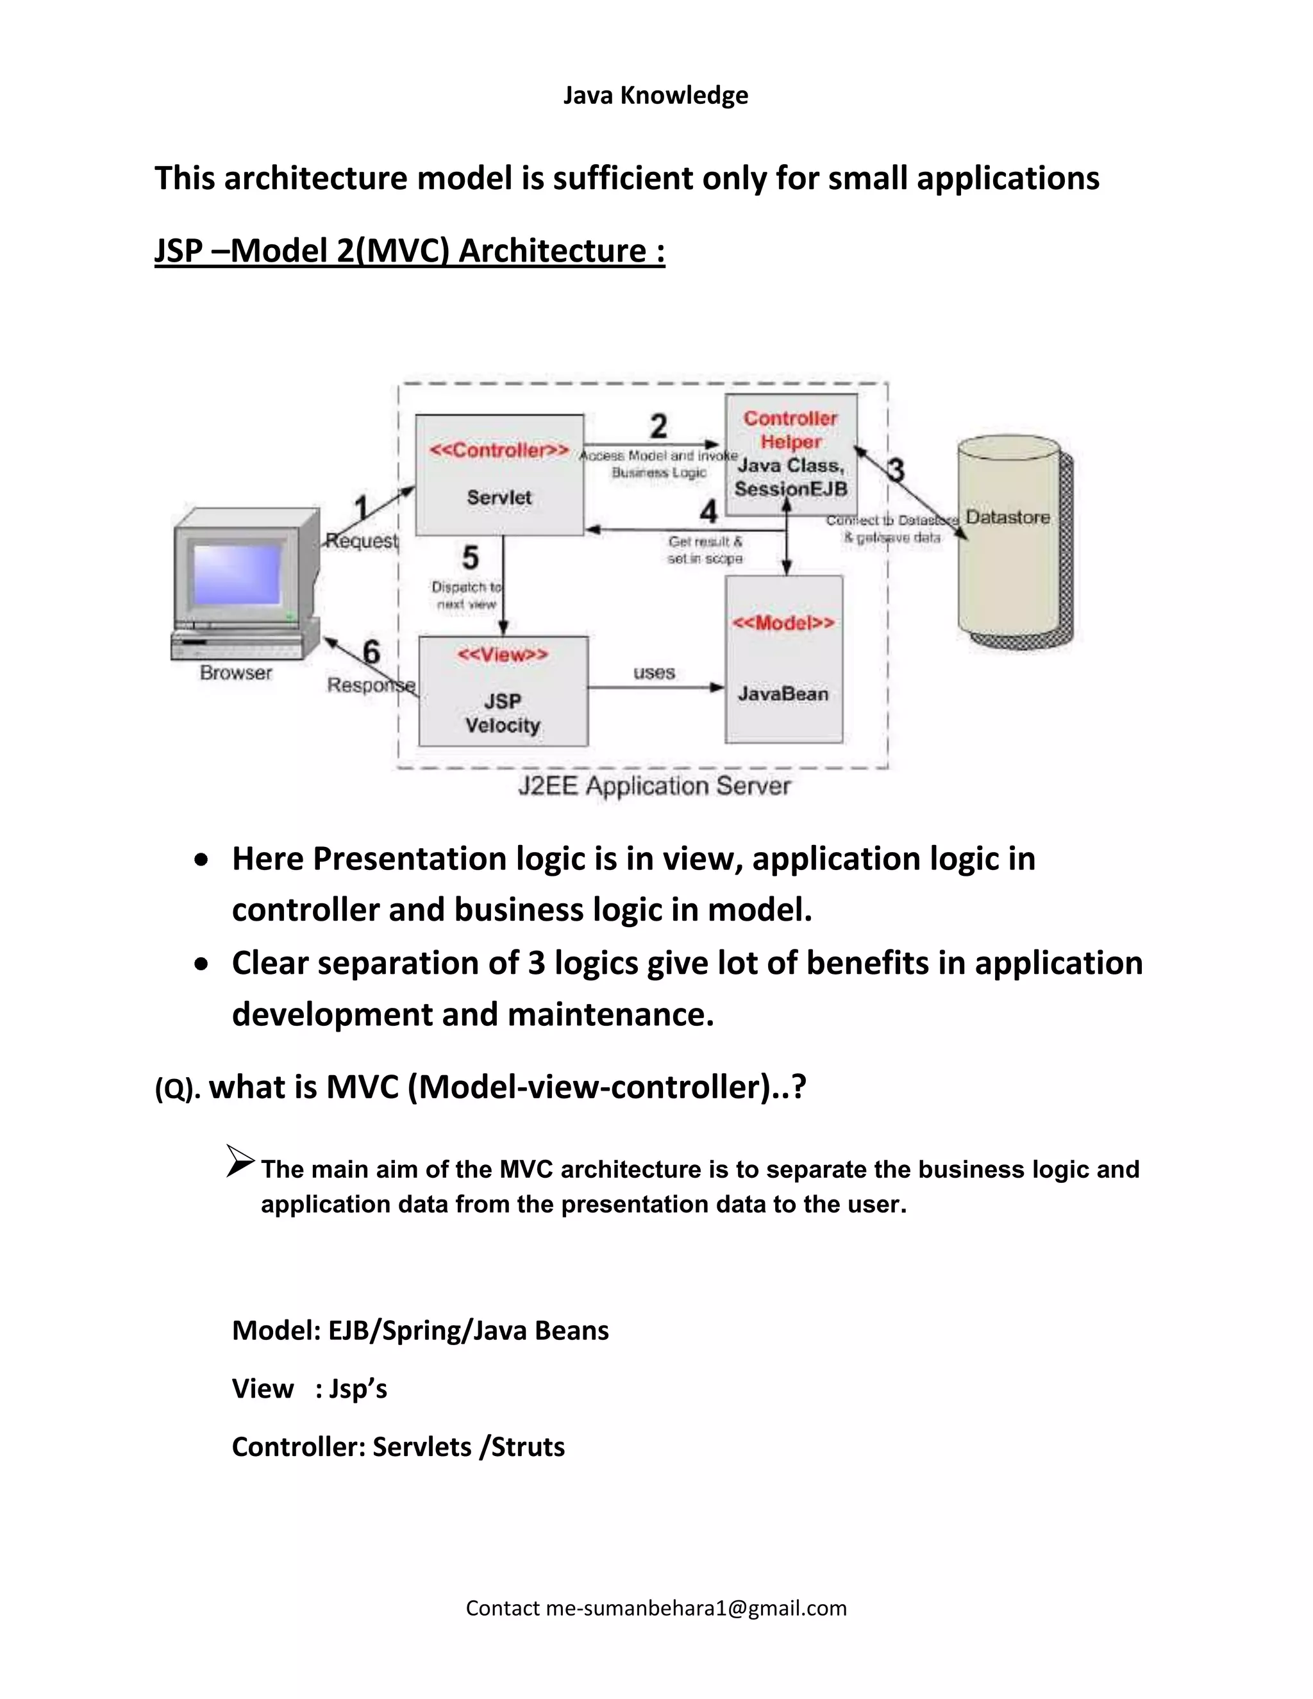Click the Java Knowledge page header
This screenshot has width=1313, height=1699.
[656, 96]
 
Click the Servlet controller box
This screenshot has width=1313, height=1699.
[499, 475]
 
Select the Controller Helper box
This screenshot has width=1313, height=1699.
[791, 455]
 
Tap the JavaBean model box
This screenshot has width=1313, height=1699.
[783, 660]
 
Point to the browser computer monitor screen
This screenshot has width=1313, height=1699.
[237, 574]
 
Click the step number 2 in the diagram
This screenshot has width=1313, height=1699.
[658, 426]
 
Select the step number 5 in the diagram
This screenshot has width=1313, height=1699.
[470, 558]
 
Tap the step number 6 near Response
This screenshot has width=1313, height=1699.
[371, 652]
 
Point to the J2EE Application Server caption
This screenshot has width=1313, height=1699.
[654, 786]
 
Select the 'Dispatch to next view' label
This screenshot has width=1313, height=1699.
[467, 595]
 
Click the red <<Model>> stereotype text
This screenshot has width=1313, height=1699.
[783, 623]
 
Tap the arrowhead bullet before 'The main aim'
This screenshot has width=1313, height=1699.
[240, 1162]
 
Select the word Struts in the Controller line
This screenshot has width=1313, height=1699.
[528, 1447]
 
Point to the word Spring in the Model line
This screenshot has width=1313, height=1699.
[423, 1330]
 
